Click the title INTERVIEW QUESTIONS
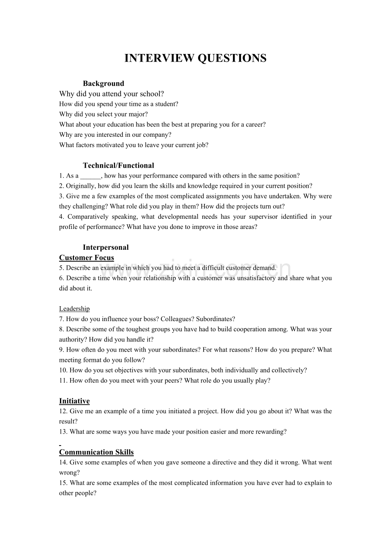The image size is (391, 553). coord(195,58)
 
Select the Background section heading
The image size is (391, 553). coord(103,84)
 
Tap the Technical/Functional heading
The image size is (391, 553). coord(118,166)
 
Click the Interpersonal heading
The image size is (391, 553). coord(105,248)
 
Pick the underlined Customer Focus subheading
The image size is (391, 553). coord(86,258)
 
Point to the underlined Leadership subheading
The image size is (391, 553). coord(74,309)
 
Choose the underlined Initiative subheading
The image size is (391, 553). coord(74,401)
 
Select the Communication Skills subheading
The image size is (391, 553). coord(96,452)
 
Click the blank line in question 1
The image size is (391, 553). coord(90,176)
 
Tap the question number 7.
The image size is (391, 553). coord(61,319)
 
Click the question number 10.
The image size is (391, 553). coord(63,370)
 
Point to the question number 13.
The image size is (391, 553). coord(63,432)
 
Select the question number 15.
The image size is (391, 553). coord(63,483)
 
